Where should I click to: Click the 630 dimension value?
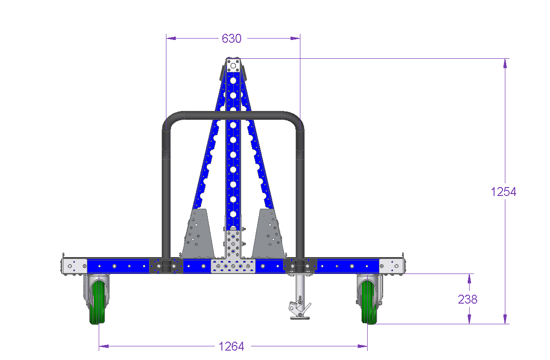(x=231, y=38)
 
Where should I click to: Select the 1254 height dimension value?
(x=503, y=192)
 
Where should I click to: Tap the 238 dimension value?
(x=468, y=299)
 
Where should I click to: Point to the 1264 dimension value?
(x=231, y=346)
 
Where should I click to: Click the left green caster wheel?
(x=97, y=302)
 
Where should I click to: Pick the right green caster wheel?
(x=369, y=302)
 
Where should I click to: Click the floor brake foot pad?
(x=300, y=318)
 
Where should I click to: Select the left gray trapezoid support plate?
(x=198, y=233)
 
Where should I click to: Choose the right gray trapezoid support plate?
(x=268, y=233)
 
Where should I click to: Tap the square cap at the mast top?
(x=233, y=65)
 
